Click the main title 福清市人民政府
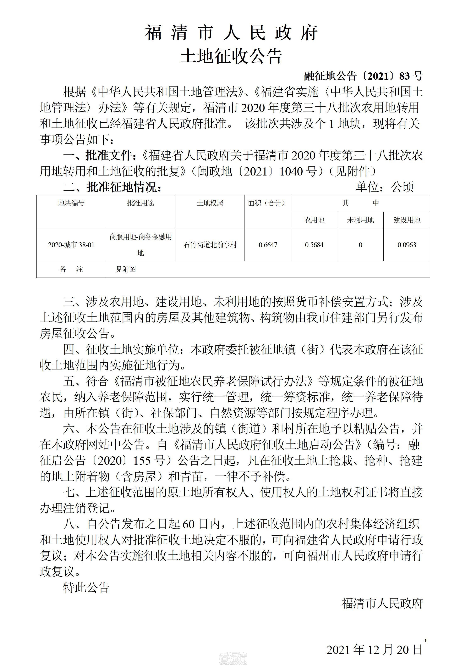231,33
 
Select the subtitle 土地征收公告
231,56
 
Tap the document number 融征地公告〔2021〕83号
363,76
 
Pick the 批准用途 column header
141,203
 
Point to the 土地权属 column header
210,203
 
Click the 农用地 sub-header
314,220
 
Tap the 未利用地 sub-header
360,220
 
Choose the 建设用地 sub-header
407,220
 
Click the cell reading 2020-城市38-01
71,245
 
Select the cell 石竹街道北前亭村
210,245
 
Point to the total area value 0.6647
268,245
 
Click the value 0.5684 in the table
314,245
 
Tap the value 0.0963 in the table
407,245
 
